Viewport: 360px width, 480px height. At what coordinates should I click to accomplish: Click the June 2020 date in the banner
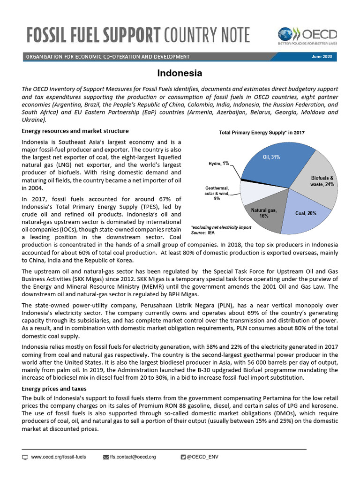point(322,57)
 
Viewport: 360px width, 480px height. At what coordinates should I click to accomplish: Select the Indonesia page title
point(180,74)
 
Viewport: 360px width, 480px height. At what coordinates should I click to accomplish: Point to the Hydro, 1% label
point(219,164)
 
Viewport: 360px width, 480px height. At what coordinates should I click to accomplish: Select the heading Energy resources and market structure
point(75,131)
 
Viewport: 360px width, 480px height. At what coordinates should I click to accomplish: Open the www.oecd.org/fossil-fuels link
point(58,457)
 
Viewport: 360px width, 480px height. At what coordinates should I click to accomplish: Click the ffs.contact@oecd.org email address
point(133,457)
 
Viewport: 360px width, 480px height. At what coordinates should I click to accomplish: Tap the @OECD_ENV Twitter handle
point(202,457)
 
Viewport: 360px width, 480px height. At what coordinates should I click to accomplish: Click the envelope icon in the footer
point(105,457)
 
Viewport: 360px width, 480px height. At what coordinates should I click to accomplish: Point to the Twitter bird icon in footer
point(183,457)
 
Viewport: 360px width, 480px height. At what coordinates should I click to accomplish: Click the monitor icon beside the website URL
point(25,457)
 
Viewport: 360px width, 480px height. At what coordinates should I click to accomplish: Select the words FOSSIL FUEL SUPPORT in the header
point(91,35)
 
